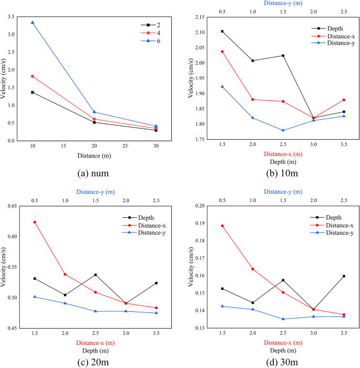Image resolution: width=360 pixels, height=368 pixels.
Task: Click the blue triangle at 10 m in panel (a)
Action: coord(33,23)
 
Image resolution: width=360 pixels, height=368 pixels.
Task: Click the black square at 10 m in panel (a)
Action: coord(33,92)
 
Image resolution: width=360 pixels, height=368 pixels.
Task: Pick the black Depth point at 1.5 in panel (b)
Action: coord(222,31)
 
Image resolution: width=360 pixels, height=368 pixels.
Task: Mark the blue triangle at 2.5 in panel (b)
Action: coord(283,130)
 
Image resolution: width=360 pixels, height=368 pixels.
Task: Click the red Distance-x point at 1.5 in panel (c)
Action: coord(35,222)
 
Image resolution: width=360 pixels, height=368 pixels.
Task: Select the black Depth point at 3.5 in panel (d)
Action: coord(344,276)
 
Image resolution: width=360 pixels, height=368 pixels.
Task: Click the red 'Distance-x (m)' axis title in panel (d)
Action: coord(283,343)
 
